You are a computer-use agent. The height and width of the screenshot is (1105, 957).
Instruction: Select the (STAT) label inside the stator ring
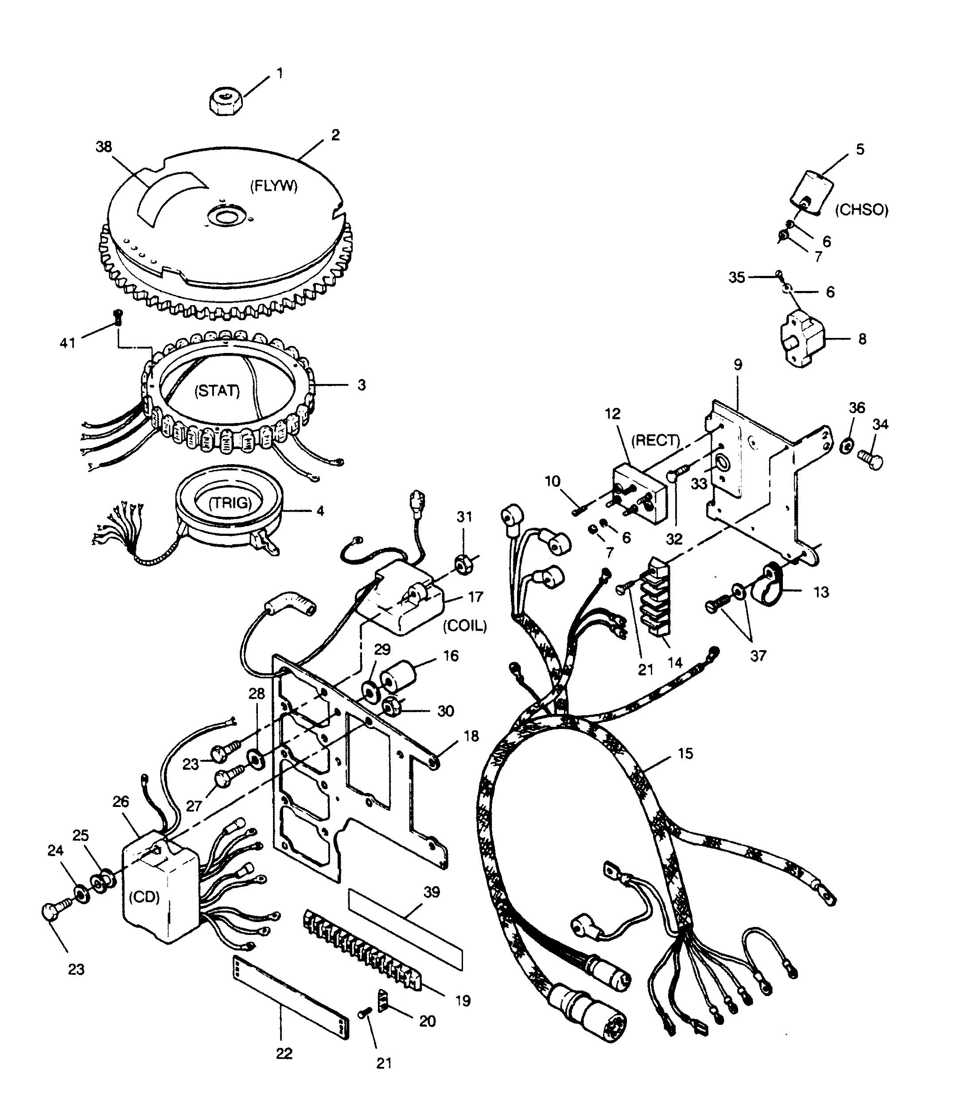[x=218, y=391]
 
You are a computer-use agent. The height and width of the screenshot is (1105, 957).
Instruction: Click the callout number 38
[x=104, y=146]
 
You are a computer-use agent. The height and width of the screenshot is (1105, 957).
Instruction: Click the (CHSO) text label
[x=862, y=210]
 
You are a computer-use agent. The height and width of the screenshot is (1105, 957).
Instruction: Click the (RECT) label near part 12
[x=656, y=440]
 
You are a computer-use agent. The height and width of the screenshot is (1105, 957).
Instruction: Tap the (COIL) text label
[x=465, y=626]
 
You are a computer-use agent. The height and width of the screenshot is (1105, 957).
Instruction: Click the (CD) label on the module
[x=145, y=896]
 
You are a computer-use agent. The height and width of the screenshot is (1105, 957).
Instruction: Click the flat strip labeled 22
[x=291, y=999]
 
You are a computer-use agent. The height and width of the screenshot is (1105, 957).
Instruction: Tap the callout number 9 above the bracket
[x=738, y=365]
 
